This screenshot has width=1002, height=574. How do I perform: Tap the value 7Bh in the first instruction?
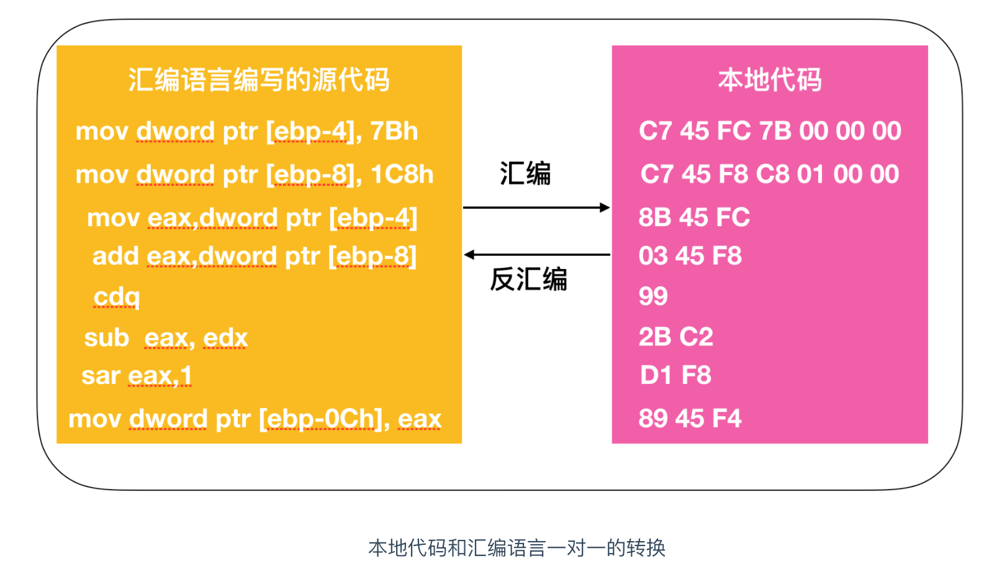tap(394, 131)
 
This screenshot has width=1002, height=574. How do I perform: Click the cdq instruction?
tap(116, 297)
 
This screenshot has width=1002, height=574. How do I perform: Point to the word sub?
tap(106, 337)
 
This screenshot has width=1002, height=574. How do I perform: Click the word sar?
tap(101, 376)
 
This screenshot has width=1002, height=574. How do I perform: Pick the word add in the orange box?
tap(115, 256)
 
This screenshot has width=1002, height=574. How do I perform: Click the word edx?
tap(225, 338)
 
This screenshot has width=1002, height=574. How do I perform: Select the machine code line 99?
tap(653, 296)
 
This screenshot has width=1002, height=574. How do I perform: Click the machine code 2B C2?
tap(675, 337)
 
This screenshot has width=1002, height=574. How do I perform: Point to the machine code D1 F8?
tap(675, 375)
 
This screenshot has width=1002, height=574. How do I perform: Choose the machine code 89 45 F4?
tap(690, 419)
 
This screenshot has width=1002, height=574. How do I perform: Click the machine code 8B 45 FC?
tap(694, 217)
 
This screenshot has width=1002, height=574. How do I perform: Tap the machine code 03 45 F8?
tap(690, 256)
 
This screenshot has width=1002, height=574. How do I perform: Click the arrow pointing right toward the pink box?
tap(536, 207)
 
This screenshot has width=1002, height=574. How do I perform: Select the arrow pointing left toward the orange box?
tap(537, 255)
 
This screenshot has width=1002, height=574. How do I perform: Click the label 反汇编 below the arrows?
tap(528, 280)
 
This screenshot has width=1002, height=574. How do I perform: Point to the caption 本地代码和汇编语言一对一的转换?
tap(517, 548)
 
